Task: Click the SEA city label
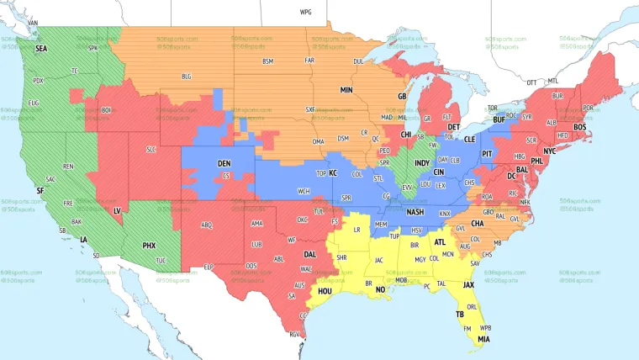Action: point(41,49)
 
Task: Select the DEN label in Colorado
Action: point(224,163)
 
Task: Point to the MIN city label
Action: point(346,89)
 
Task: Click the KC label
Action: point(333,172)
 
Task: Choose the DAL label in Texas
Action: point(310,253)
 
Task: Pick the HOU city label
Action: point(324,291)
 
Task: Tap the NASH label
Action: point(415,213)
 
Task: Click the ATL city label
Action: point(440,242)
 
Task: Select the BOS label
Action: point(579,127)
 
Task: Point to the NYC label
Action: point(549,151)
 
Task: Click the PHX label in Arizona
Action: point(149,246)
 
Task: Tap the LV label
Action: point(117,210)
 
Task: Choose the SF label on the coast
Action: point(40,191)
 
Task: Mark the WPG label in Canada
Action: point(305,13)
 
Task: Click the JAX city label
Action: point(469,285)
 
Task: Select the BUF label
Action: point(499,120)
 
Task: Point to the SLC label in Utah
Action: point(151,150)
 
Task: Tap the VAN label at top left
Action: point(33,23)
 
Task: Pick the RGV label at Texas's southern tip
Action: point(295,335)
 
